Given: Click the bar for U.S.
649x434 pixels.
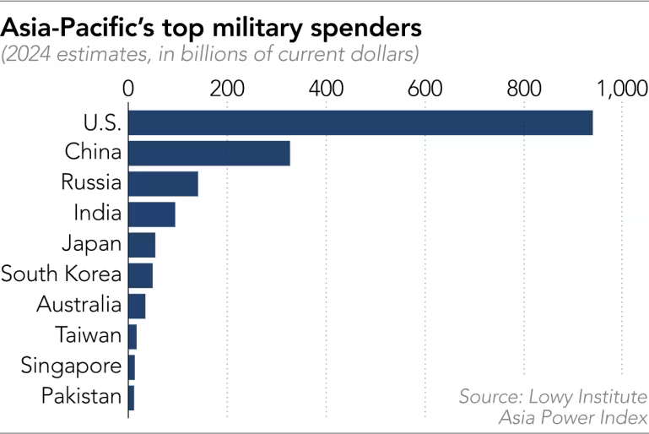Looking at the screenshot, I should pyautogui.click(x=360, y=122).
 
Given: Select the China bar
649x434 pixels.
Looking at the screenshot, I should pyautogui.click(x=209, y=153).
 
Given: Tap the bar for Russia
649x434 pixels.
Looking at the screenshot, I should pyautogui.click(x=163, y=183).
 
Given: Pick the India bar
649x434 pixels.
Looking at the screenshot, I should pyautogui.click(x=152, y=214).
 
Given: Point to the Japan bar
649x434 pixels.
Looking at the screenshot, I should pyautogui.click(x=142, y=244).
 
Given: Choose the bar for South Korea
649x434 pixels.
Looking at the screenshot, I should pyautogui.click(x=140, y=275).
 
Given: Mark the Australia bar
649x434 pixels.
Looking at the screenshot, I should pyautogui.click(x=137, y=306).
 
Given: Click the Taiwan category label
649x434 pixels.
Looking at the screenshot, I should pyautogui.click(x=89, y=336).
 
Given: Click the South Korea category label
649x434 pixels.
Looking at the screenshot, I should pyautogui.click(x=62, y=275).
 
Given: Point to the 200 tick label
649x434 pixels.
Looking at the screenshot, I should pyautogui.click(x=227, y=88).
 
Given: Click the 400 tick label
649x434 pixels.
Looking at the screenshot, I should pyautogui.click(x=326, y=88).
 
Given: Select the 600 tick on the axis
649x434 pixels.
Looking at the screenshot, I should pyautogui.click(x=425, y=88).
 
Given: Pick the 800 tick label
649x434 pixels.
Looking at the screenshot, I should pyautogui.click(x=523, y=88).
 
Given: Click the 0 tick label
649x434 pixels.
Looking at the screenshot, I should pyautogui.click(x=128, y=88).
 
